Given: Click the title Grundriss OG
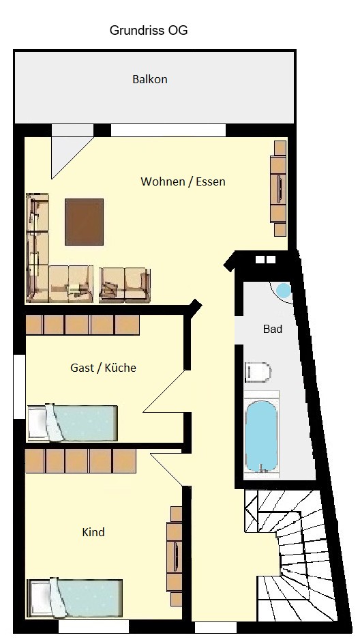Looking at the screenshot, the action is pos(149,31).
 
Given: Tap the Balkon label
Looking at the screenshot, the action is pos(150,79).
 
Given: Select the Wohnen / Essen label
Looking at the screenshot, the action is pos(183,181).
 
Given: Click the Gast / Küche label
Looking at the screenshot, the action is pos(103,368).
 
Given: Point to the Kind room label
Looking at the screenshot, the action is pos(93,532).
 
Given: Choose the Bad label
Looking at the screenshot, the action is pos(273,329).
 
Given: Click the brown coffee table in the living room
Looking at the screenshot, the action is pos(84,222).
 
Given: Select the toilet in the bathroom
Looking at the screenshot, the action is pos(258,372).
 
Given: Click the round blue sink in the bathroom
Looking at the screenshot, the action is pos(284,291).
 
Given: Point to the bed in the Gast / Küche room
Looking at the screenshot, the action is pos(72,423).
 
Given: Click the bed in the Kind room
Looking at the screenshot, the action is pos(75,598).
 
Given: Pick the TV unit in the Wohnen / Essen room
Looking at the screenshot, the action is pos(279,188).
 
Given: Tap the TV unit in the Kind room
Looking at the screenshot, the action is pos(175,556).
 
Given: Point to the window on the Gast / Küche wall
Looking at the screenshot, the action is pos(19,387).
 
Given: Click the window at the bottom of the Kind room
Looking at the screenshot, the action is pos(93,627).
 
